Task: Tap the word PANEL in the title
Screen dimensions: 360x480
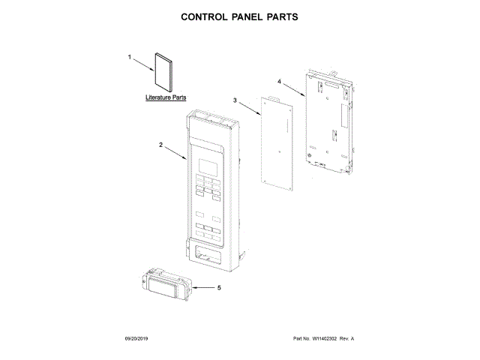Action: pos(252,16)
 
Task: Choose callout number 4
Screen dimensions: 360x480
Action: pos(279,81)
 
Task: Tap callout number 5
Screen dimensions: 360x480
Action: pos(219,286)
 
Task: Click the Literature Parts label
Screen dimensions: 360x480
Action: pos(166,98)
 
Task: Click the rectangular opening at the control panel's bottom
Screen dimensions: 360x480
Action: pos(208,256)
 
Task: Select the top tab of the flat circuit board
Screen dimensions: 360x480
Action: pos(271,98)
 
